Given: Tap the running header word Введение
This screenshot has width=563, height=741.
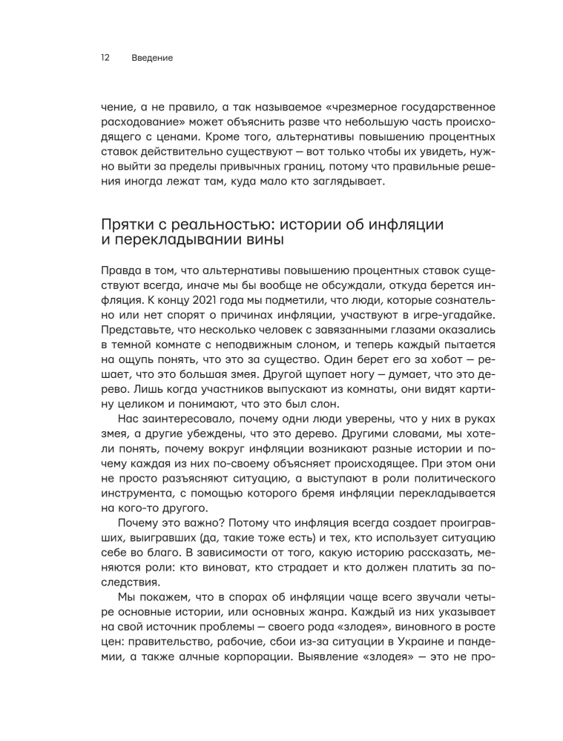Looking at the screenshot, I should [x=151, y=58].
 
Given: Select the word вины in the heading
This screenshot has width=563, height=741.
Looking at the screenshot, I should [x=284, y=242].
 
